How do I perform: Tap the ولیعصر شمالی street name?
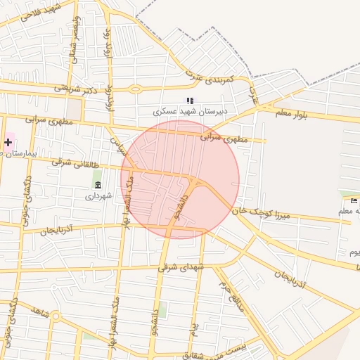click(x=74, y=43)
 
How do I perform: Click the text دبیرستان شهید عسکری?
click(x=189, y=112)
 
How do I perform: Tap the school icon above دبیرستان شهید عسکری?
click(x=189, y=101)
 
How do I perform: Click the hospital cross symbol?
click(x=8, y=142)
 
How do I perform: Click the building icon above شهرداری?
click(x=97, y=185)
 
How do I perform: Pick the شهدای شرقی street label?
click(x=179, y=266)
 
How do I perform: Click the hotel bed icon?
click(x=354, y=200)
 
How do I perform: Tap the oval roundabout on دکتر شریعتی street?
click(x=135, y=89)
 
